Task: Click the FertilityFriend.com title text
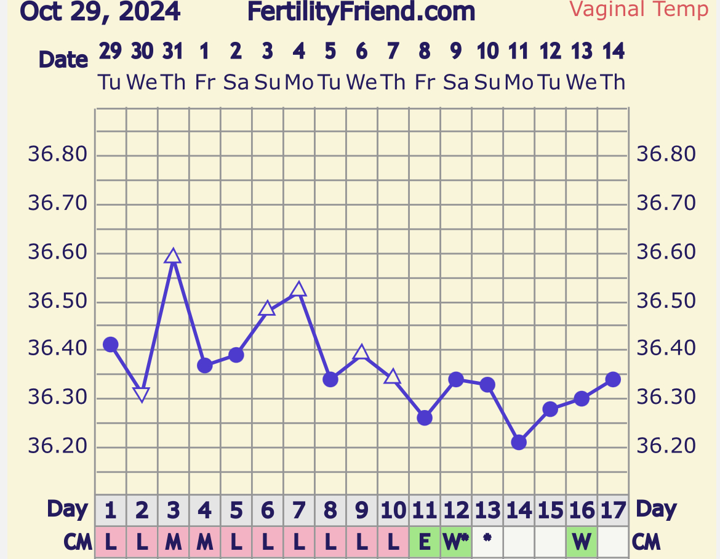coord(361,11)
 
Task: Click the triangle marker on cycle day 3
coord(173,256)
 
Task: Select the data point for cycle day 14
coord(519,442)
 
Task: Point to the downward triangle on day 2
coord(142,395)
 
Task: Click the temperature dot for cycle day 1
coord(110,345)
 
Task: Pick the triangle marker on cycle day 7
coord(298,289)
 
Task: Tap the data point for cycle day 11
coord(425,418)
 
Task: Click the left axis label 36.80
coord(57,154)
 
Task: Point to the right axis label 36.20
coord(666,446)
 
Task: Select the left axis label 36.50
coord(57,302)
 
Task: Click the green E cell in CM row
coord(425,542)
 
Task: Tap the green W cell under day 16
coord(582,542)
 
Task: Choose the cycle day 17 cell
coord(613,510)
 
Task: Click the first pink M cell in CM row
coord(174,542)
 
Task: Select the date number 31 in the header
coord(173,52)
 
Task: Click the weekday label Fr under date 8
coord(425,82)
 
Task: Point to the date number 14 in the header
coord(613,52)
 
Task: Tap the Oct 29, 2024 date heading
coord(100,11)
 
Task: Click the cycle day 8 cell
coord(330,510)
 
